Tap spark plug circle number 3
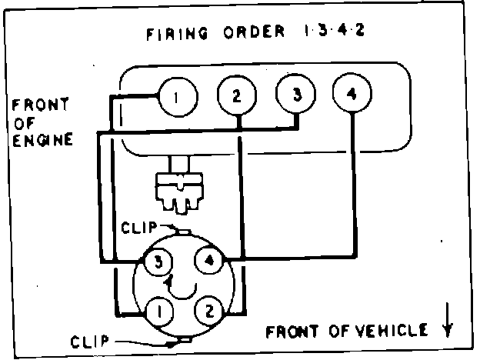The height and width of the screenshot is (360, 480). click(295, 97)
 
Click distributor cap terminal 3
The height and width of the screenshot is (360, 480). click(156, 261)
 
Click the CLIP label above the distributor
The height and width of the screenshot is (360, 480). click(138, 227)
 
